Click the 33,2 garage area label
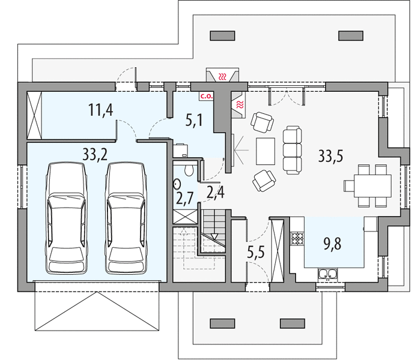click(95, 155)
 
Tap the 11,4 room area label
click(100, 110)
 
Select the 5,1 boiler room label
click(194, 120)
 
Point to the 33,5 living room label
click(330, 155)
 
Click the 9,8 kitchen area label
click(333, 244)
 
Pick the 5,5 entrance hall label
click(256, 252)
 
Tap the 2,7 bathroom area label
click(185, 199)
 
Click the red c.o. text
click(207, 96)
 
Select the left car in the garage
click(67, 218)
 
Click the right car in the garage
click(126, 218)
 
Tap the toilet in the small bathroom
click(189, 170)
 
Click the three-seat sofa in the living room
click(292, 150)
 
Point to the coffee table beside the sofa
click(265, 151)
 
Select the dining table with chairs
click(368, 185)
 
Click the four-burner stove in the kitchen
click(297, 238)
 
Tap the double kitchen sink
click(328, 274)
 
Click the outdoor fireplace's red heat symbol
click(223, 77)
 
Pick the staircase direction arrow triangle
click(214, 236)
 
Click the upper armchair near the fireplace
click(262, 122)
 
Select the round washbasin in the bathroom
click(177, 184)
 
